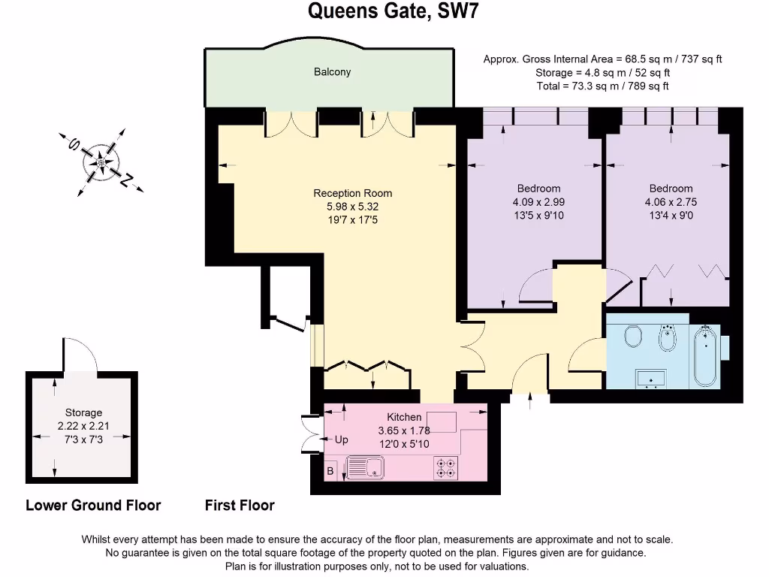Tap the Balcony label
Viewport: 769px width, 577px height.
click(332, 72)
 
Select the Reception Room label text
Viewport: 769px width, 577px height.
click(352, 193)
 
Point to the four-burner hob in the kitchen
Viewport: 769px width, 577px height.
click(445, 468)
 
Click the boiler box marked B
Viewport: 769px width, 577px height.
click(330, 472)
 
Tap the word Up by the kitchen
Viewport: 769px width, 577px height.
click(341, 440)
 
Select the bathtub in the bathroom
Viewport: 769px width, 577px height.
click(704, 355)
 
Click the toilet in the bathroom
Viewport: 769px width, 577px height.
click(632, 335)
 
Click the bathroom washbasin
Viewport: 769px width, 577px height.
click(647, 378)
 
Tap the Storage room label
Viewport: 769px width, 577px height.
click(83, 412)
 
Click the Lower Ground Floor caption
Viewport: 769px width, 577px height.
click(93, 506)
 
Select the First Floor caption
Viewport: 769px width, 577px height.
click(240, 506)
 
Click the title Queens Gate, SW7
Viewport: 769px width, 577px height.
click(384, 11)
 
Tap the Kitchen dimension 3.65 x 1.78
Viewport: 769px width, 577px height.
click(404, 430)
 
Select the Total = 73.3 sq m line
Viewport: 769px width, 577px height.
click(602, 86)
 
